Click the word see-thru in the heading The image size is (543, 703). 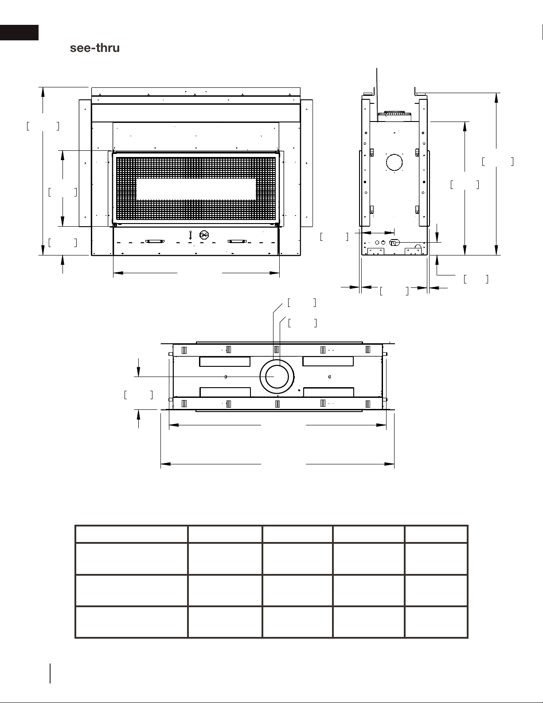(x=95, y=48)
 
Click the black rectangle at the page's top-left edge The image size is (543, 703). (x=19, y=33)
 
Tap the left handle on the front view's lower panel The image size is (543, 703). (x=155, y=241)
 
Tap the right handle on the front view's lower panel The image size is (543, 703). (x=237, y=241)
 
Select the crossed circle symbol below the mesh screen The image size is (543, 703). (x=204, y=235)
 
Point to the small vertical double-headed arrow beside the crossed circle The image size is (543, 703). (x=190, y=235)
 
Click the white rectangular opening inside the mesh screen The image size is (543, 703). (x=196, y=189)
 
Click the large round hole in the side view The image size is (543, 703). (x=395, y=162)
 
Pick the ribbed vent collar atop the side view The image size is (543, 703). (x=395, y=114)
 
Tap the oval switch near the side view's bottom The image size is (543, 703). (x=395, y=242)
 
